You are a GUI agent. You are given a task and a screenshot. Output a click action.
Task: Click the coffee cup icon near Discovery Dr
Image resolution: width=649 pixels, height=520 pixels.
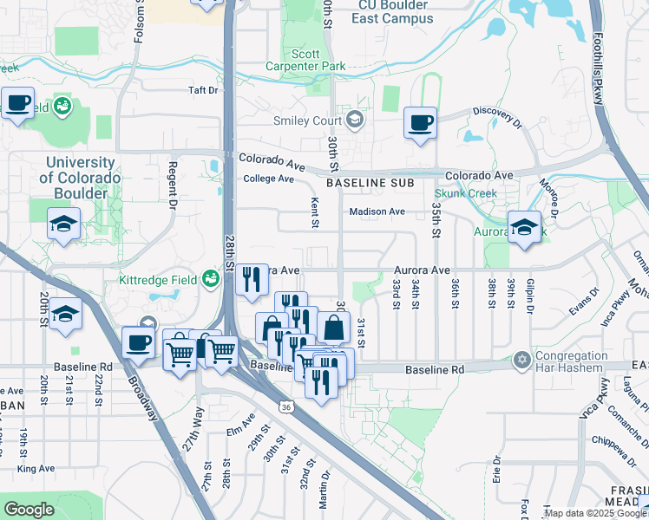click(421, 123)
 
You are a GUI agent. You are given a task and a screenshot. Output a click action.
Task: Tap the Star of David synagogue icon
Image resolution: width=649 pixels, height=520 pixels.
click(521, 359)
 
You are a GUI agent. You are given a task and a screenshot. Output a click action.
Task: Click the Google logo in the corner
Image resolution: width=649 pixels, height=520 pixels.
click(29, 510)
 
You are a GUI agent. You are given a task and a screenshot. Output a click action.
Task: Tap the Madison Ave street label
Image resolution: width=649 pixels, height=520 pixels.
click(377, 211)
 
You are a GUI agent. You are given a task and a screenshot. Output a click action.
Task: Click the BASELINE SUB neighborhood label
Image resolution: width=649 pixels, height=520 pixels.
click(368, 184)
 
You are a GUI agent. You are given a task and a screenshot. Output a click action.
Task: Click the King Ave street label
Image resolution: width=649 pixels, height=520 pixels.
click(36, 469)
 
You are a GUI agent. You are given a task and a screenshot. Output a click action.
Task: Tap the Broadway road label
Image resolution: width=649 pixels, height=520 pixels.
click(145, 393)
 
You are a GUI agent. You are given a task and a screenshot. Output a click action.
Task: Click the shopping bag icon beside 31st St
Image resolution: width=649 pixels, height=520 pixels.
click(334, 328)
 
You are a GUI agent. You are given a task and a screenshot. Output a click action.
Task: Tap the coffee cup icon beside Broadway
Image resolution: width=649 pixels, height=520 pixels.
click(138, 342)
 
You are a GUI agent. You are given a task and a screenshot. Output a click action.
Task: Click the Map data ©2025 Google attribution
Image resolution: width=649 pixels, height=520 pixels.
click(595, 514)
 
